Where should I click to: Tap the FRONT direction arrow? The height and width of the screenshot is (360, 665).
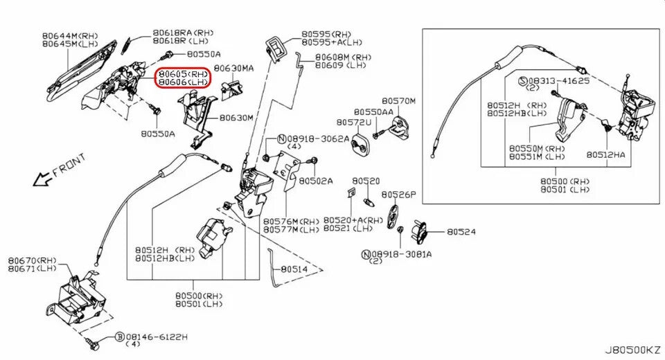coord(42,181)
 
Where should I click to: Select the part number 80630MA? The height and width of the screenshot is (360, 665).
coord(233,69)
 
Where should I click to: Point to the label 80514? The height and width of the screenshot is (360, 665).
coord(294,268)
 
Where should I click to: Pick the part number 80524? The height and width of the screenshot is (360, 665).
coord(461,232)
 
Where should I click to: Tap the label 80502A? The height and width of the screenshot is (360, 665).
coord(316,181)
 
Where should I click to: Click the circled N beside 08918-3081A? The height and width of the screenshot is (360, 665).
coord(365,254)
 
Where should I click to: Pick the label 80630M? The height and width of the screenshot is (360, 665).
coord(236,118)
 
